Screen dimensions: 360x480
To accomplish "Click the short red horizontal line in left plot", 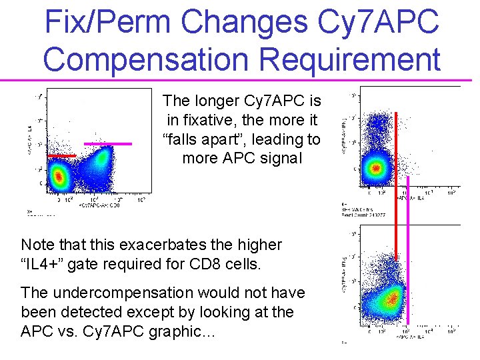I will point(61,155).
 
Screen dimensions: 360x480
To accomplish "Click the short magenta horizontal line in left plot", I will point(107,143).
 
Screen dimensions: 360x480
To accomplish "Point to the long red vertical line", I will point(396,187).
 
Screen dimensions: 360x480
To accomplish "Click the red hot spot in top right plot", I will point(376,167).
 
